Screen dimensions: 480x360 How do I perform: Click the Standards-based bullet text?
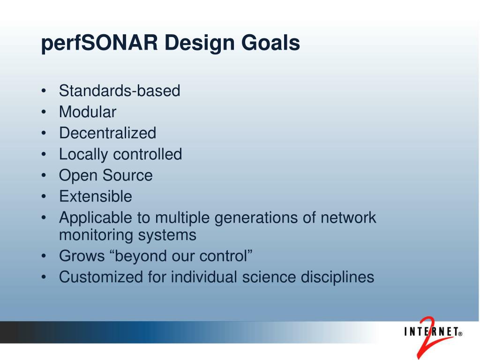[120, 90]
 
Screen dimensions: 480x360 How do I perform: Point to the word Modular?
[88, 112]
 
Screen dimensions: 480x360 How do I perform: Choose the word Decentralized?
[107, 133]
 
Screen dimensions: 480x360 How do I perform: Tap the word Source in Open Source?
[127, 175]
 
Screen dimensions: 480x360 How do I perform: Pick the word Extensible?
[96, 196]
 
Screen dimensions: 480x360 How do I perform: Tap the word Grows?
[82, 256]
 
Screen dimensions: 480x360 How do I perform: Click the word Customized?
[101, 277]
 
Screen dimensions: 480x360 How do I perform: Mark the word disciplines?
[337, 277]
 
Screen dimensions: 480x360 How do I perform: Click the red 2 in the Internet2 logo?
[427, 337]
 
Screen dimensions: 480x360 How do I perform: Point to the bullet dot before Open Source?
[44, 176]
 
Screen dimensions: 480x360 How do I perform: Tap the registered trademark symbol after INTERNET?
[460, 334]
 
